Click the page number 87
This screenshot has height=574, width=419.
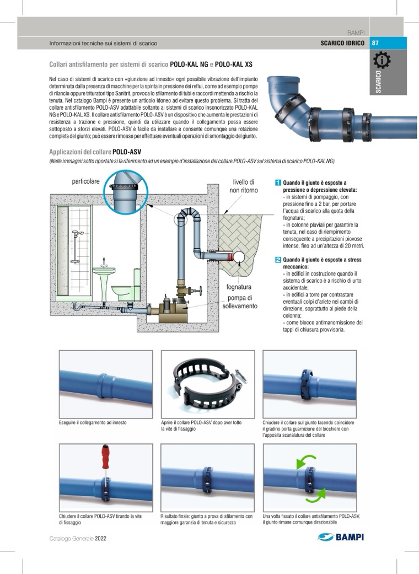pyautogui.click(x=375, y=43)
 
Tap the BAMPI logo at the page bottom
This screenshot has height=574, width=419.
pyautogui.click(x=342, y=537)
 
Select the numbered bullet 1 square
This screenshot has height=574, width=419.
pyautogui.click(x=278, y=183)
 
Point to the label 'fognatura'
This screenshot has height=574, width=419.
pyautogui.click(x=239, y=287)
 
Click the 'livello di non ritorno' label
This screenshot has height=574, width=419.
pyautogui.click(x=243, y=186)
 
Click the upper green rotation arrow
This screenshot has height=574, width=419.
pyautogui.click(x=308, y=462)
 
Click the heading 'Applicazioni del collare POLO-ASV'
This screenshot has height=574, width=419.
pyautogui.click(x=96, y=151)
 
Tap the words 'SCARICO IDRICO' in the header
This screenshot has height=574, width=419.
pyautogui.click(x=343, y=43)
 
